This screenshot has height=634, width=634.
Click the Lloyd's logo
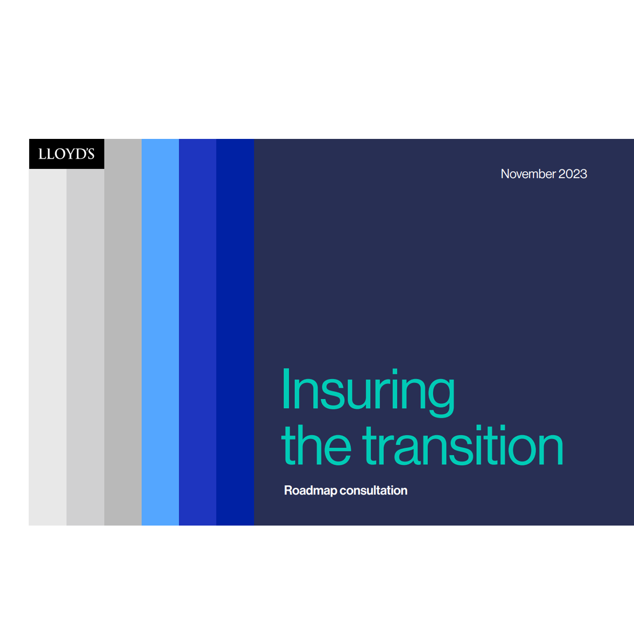point(66,154)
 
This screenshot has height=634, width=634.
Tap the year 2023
point(573,174)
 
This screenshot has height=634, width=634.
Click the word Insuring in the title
point(368,392)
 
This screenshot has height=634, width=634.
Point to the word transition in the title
point(462,445)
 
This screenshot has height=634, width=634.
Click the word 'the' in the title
point(316,445)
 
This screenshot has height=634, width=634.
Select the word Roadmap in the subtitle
point(311,491)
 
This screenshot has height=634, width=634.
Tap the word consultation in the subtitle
point(373,490)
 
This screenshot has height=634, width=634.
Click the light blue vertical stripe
point(160,332)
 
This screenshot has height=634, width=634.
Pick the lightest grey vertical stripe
point(47,347)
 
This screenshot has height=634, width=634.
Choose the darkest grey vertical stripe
point(123,332)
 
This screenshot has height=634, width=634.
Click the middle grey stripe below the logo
point(86,347)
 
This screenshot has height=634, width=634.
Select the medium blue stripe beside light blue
point(198,332)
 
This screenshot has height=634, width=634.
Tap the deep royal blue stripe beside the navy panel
point(235,332)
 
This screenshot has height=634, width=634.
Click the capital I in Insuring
point(286,388)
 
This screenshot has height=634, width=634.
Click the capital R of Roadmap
point(288,490)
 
